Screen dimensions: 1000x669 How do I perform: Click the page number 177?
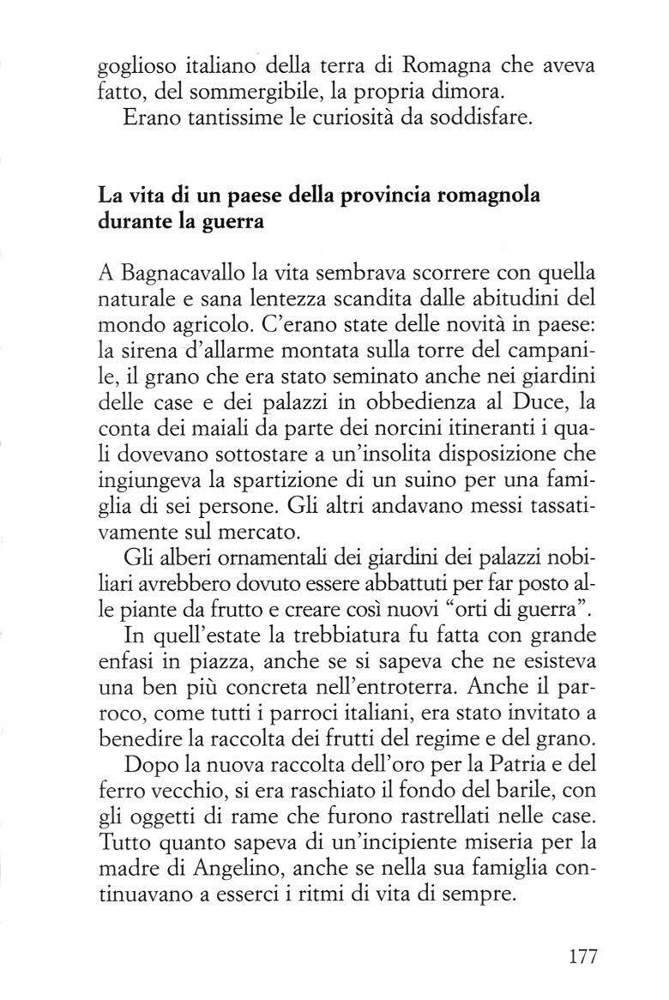[581, 955]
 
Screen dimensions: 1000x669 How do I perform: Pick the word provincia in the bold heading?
[387, 196]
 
